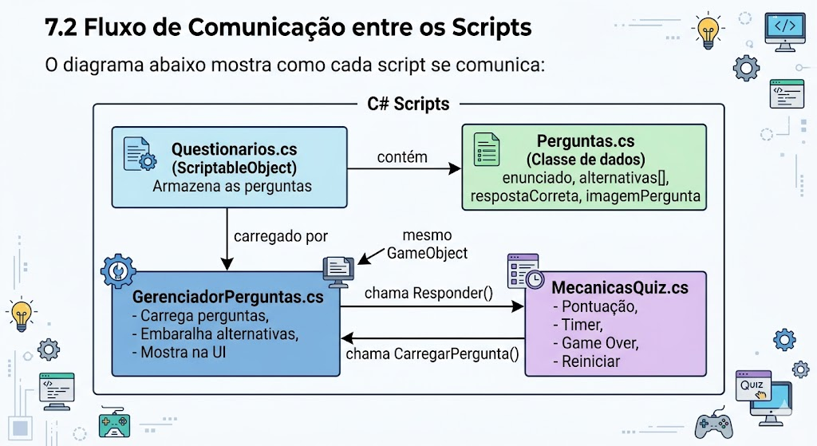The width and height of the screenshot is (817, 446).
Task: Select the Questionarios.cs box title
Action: pyautogui.click(x=234, y=149)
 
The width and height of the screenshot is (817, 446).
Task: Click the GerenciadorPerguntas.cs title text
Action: pyautogui.click(x=227, y=297)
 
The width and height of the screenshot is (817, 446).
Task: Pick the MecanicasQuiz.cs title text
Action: pyautogui.click(x=618, y=286)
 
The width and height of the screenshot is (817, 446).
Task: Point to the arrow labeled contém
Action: pyautogui.click(x=407, y=168)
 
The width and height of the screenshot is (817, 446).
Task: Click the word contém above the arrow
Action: pyautogui.click(x=402, y=157)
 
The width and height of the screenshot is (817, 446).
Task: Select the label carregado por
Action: pyautogui.click(x=281, y=236)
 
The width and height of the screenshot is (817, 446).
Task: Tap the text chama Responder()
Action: pyautogui.click(x=428, y=293)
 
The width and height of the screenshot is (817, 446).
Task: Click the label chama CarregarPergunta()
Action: pyautogui.click(x=432, y=354)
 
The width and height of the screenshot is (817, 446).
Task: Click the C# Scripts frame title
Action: pyautogui.click(x=408, y=105)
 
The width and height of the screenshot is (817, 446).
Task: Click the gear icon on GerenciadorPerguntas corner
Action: pyautogui.click(x=118, y=271)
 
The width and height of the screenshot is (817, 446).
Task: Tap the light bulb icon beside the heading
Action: pyautogui.click(x=706, y=30)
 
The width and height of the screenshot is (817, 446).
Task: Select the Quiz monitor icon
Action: pyautogui.click(x=755, y=389)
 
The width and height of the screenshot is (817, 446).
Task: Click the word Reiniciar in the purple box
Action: pyautogui.click(x=590, y=361)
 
